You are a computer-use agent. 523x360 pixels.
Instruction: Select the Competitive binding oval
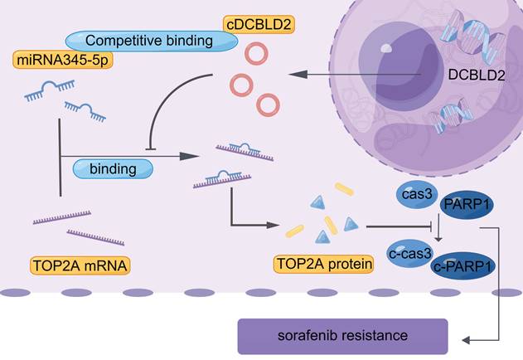[148, 40]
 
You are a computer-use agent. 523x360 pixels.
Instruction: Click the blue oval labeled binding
[114, 169]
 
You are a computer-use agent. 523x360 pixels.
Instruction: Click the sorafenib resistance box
[341, 338]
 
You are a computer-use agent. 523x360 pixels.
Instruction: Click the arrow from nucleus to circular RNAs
[356, 75]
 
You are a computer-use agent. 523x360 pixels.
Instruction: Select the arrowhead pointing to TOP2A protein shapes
[276, 225]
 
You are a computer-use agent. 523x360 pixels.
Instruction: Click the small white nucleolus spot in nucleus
[385, 48]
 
